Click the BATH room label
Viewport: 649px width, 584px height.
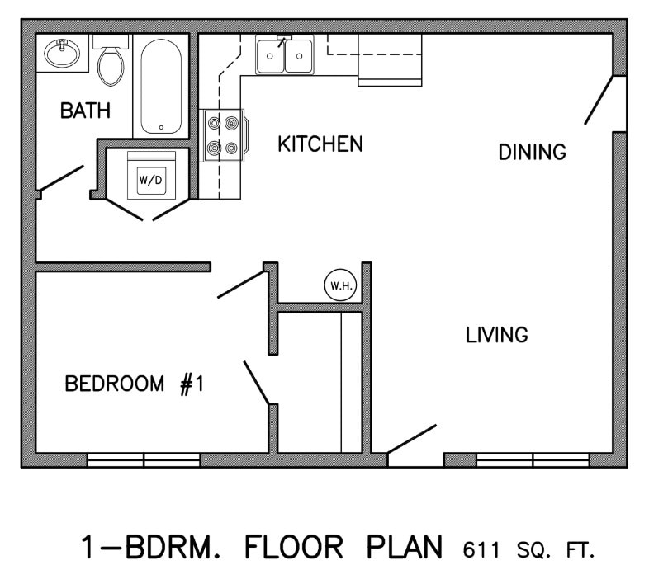(85, 111)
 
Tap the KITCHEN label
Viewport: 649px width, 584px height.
(320, 144)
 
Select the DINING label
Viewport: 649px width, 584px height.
(532, 152)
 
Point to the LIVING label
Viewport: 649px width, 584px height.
(496, 335)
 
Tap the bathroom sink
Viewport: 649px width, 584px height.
(59, 54)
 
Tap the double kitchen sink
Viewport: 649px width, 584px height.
(284, 56)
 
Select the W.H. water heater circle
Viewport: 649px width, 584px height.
(339, 285)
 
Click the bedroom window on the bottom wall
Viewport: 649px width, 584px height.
(144, 459)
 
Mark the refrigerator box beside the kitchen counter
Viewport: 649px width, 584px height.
(389, 60)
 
